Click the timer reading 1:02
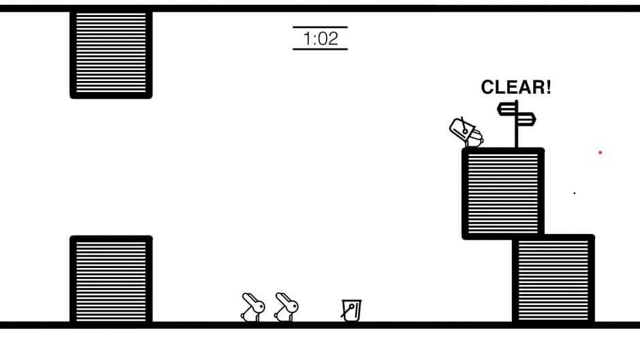[x=321, y=39]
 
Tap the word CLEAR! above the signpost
[x=516, y=87]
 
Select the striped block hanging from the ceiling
[x=111, y=54]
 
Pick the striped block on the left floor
[x=111, y=279]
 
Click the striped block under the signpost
[x=503, y=193]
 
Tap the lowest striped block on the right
[x=553, y=279]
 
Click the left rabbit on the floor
[x=253, y=308]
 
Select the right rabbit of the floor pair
[x=286, y=308]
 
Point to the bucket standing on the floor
[x=351, y=310]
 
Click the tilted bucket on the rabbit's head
[x=462, y=129]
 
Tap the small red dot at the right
[x=601, y=152]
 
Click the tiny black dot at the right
[x=574, y=193]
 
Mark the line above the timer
[x=321, y=27]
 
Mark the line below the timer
[x=321, y=50]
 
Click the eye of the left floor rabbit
[x=259, y=306]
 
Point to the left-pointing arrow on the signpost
[x=507, y=109]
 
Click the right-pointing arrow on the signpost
[x=526, y=119]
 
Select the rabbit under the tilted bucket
[x=475, y=138]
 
